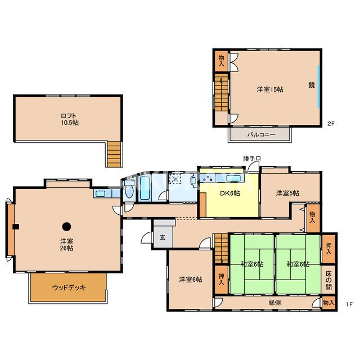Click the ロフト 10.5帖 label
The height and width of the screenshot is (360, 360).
pos(70,119)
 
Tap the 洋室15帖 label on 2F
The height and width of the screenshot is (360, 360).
pos(270,89)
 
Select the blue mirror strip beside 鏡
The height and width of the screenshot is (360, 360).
pos(318,87)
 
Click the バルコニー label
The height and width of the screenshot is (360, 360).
pos(261,134)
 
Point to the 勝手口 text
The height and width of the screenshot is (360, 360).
pos(252,159)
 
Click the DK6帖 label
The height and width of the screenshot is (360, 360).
pos(230,193)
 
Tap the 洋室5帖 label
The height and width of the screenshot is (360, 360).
pos(287,193)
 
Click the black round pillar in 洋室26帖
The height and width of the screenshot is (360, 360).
pos(66,227)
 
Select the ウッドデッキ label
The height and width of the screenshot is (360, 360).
pos(69,287)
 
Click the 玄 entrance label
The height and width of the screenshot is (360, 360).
pos(163,237)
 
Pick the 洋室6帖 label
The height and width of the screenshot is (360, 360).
pos(191,280)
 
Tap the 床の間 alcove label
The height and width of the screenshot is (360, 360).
pos(328,280)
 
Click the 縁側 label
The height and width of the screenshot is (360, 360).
pos(274,303)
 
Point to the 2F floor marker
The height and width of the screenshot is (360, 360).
pos(331,124)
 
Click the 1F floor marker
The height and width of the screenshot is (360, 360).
pos(349,304)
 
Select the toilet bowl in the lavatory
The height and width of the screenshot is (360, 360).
pos(129,190)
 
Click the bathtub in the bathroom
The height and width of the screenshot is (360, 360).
pos(145,188)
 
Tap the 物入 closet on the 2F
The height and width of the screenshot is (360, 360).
pos(221,61)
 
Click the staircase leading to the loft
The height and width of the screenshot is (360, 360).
pos(114,154)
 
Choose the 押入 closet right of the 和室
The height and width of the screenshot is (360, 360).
pos(328,249)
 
